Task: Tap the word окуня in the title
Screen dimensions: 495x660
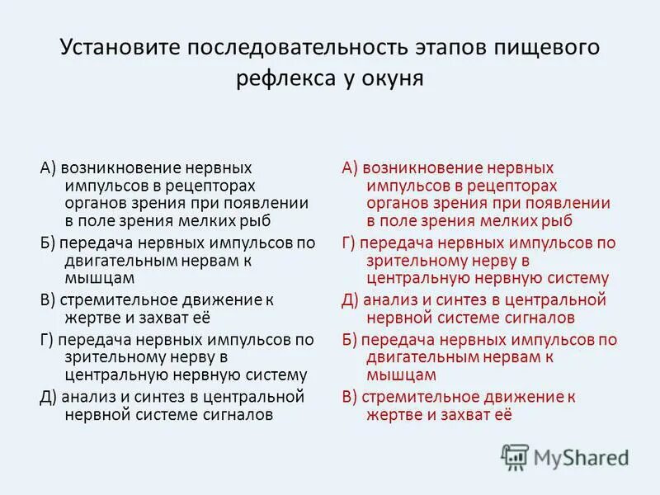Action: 394,80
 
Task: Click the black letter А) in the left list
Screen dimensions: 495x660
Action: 48,167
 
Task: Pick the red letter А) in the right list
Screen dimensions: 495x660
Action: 350,167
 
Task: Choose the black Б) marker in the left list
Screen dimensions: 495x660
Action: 47,243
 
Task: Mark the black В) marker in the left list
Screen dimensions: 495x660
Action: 47,299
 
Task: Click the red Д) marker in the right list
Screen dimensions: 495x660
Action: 350,299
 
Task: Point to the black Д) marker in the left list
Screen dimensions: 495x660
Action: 49,396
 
